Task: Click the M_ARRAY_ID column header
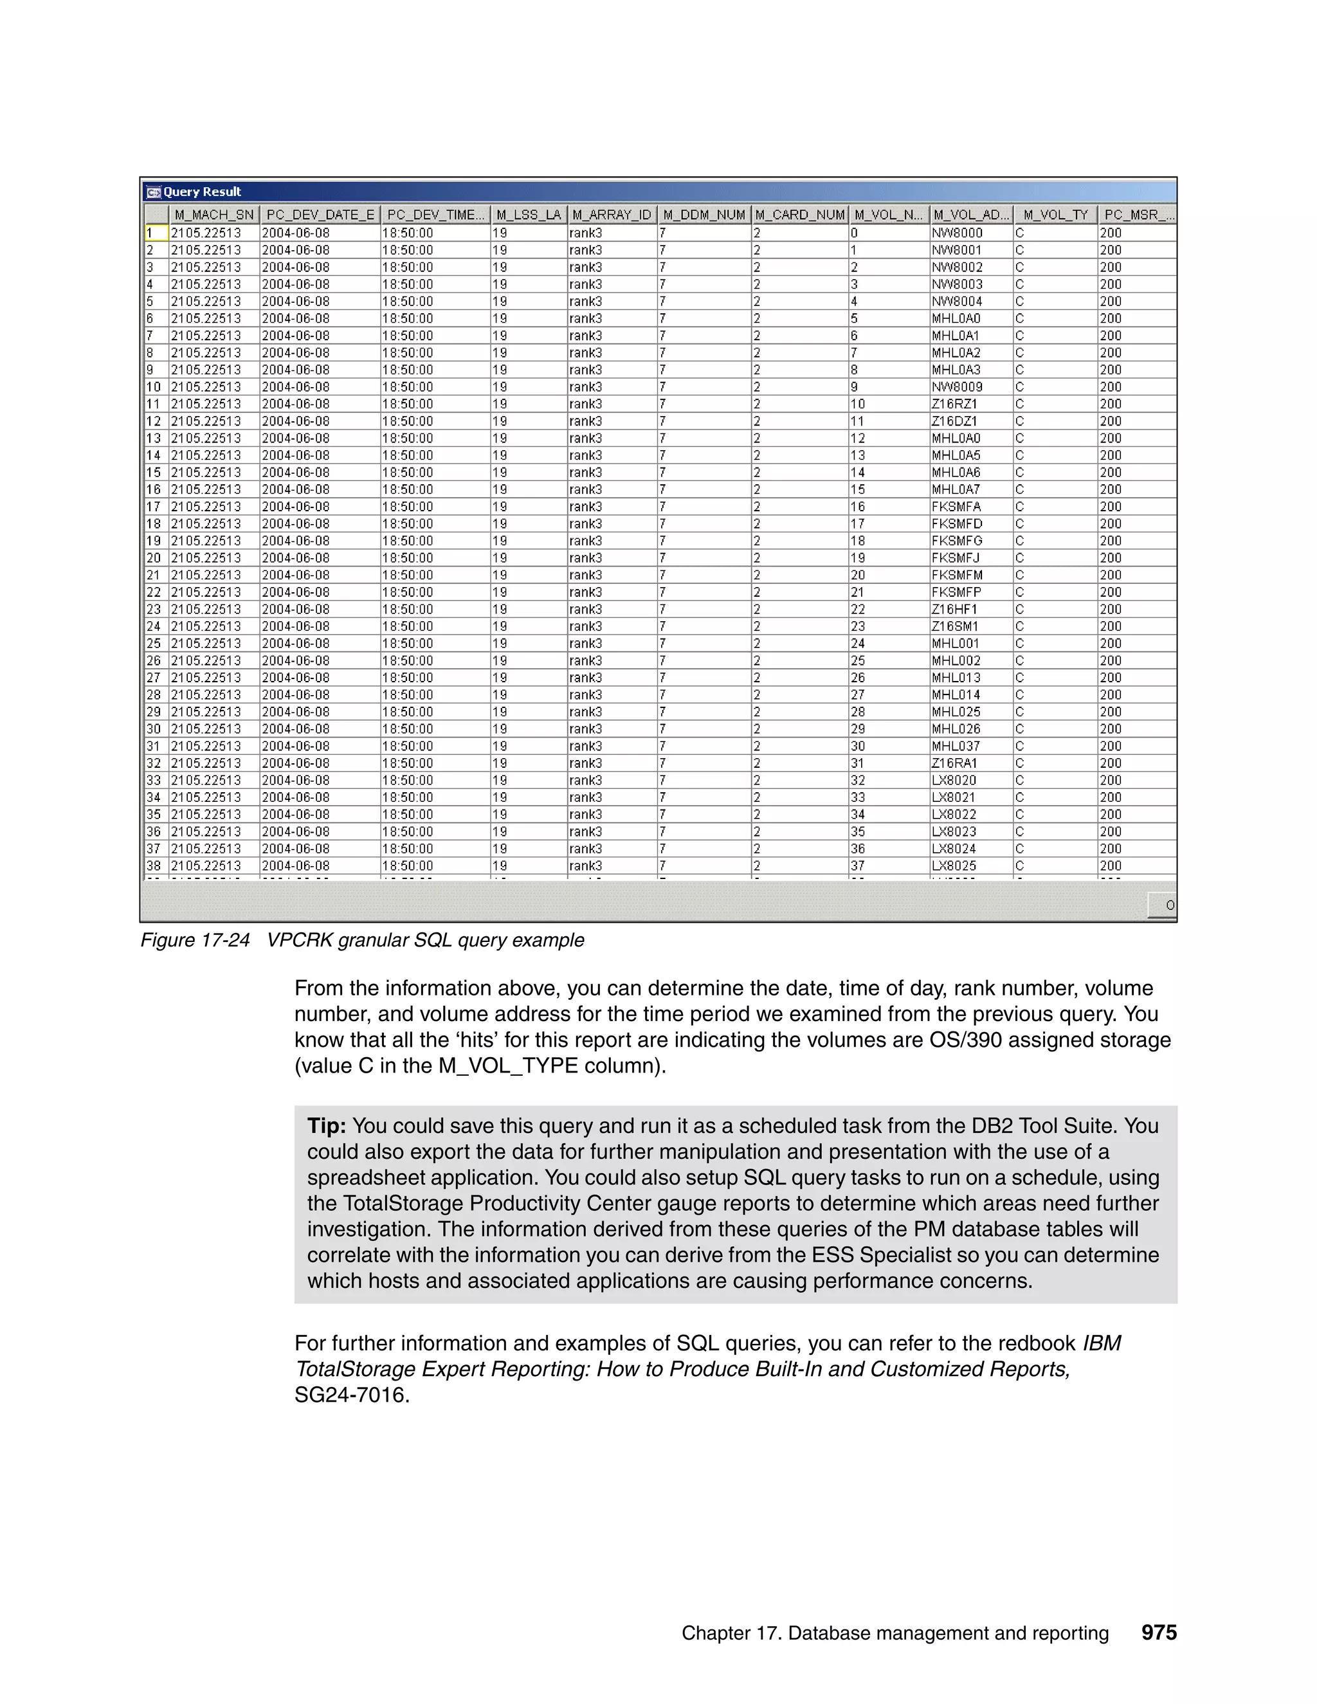[611, 215]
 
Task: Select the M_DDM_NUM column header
[704, 215]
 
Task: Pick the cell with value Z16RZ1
[954, 404]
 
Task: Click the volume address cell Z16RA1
[954, 763]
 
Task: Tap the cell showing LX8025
[954, 866]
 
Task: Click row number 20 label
[154, 558]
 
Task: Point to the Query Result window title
[202, 192]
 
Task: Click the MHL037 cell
[956, 746]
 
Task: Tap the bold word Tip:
[326, 1126]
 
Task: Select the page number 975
[1159, 1632]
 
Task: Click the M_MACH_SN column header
[213, 215]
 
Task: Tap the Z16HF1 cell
[954, 610]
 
